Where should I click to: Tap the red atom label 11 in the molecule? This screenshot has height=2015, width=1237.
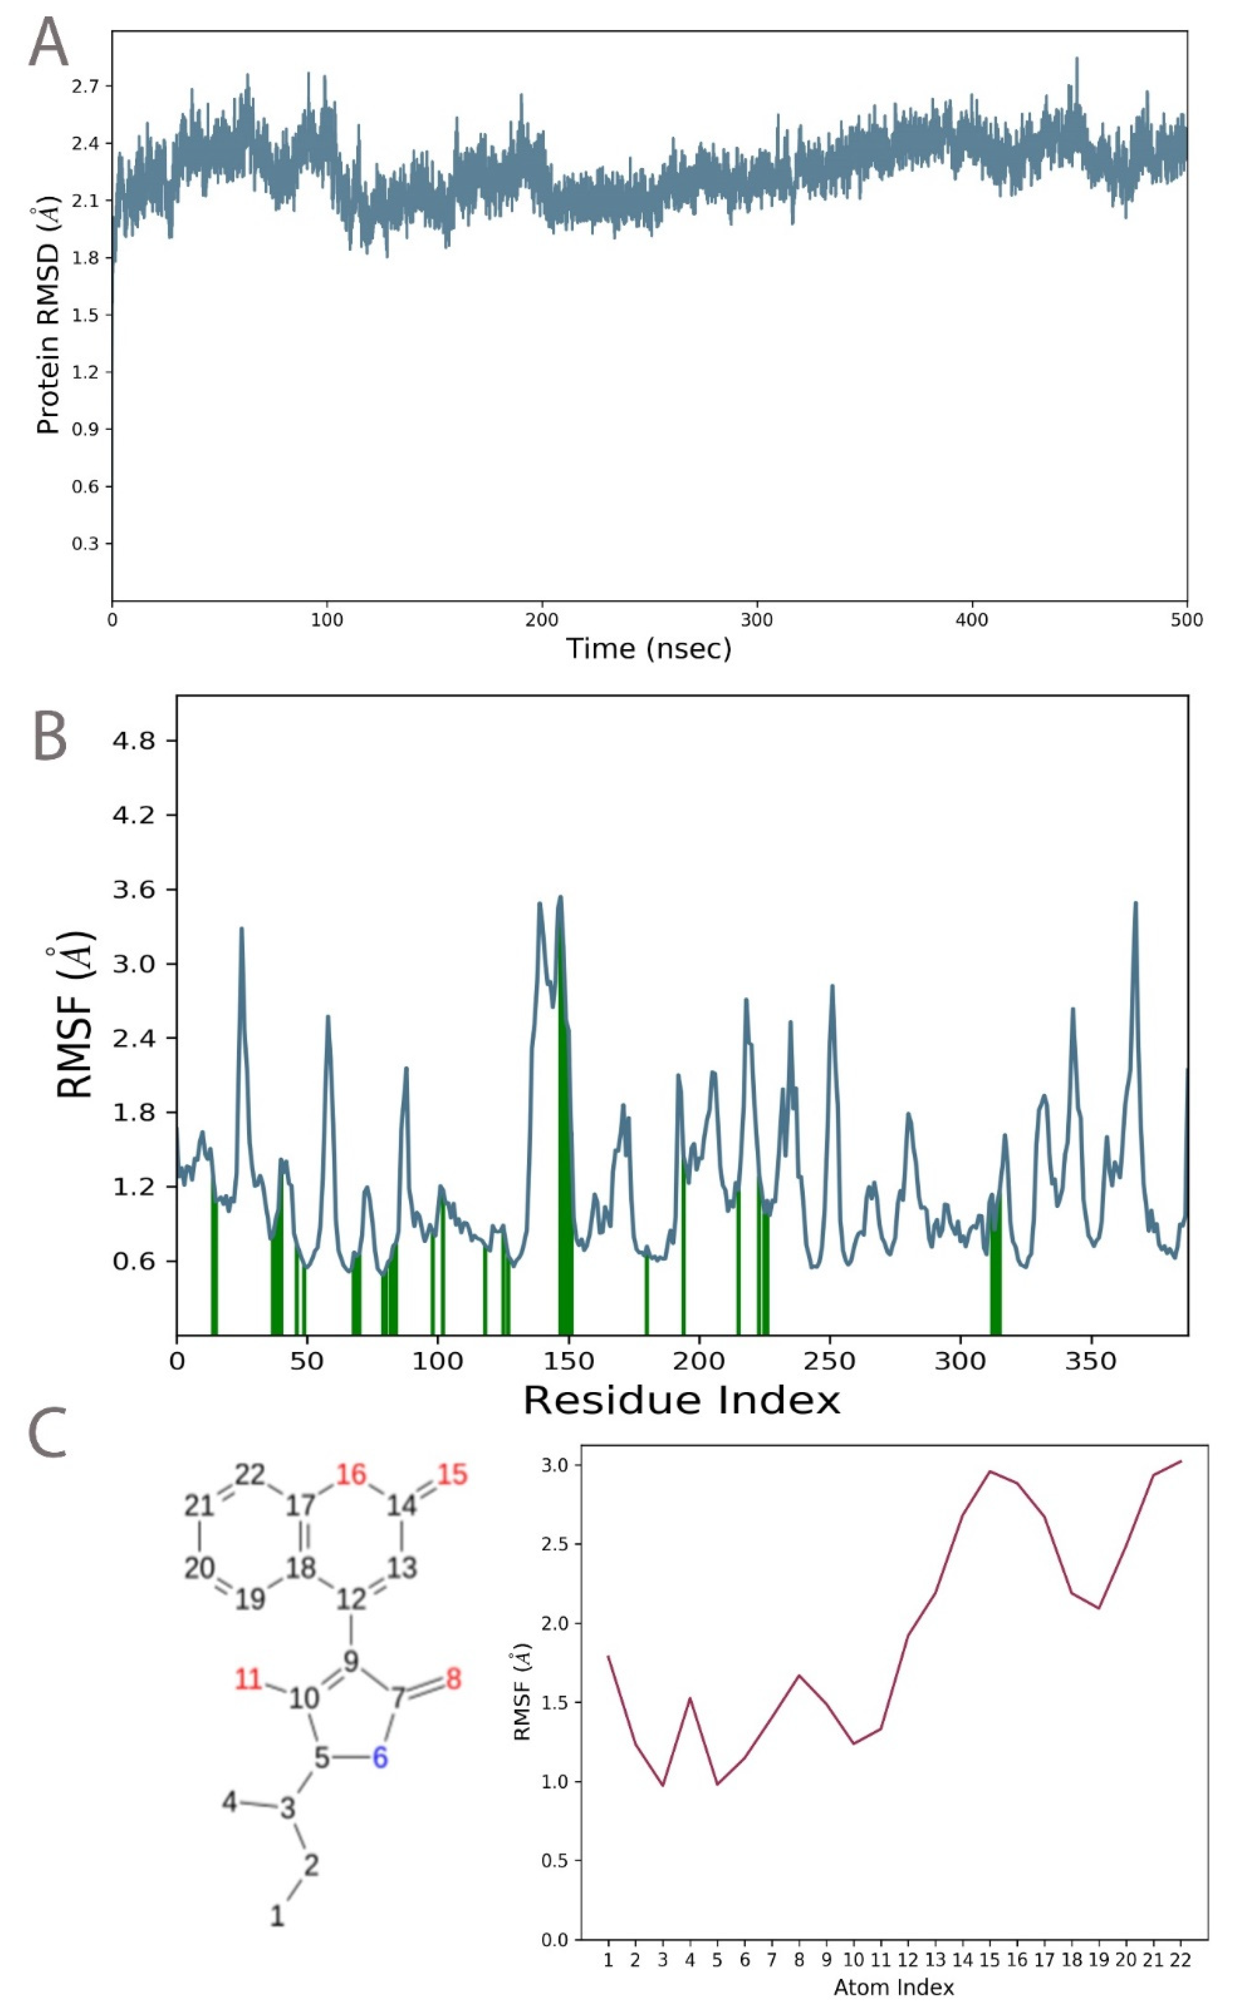pyautogui.click(x=248, y=1680)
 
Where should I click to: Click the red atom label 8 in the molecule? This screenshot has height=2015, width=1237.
pyautogui.click(x=453, y=1680)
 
